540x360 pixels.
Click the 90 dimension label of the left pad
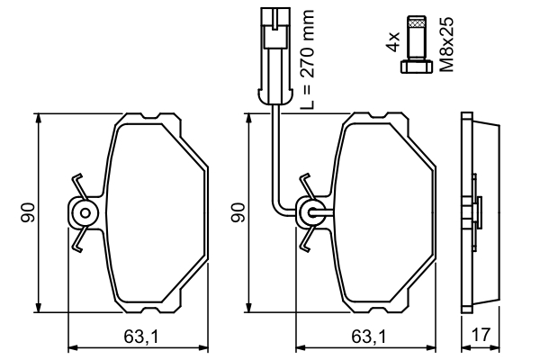point(28,212)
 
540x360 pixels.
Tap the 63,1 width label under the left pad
point(141,337)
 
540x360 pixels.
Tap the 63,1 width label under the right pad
point(369,337)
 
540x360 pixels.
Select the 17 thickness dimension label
point(480,335)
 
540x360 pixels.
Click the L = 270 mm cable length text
point(307,59)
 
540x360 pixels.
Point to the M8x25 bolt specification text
point(446,45)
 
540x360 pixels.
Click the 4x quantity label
point(393,41)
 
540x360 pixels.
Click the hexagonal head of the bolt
point(416,67)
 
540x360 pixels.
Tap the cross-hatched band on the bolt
point(416,23)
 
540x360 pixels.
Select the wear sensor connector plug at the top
point(275,56)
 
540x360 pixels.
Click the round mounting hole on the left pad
point(85,213)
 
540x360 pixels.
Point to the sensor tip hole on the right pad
point(311,213)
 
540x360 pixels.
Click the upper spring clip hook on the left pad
point(79,185)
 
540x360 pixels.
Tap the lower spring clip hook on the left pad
point(79,239)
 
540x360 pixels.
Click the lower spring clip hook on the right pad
point(306,239)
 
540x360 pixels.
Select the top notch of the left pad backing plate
point(150,116)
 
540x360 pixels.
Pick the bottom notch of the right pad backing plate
point(378,310)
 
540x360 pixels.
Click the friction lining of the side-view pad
point(486,212)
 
